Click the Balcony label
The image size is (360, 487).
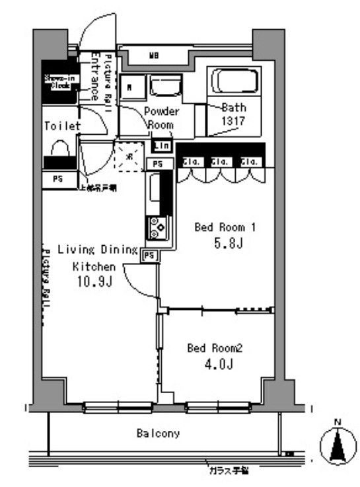click(158, 434)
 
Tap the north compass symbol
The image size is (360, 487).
click(338, 445)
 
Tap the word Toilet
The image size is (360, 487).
click(62, 126)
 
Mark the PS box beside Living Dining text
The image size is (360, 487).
click(150, 255)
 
